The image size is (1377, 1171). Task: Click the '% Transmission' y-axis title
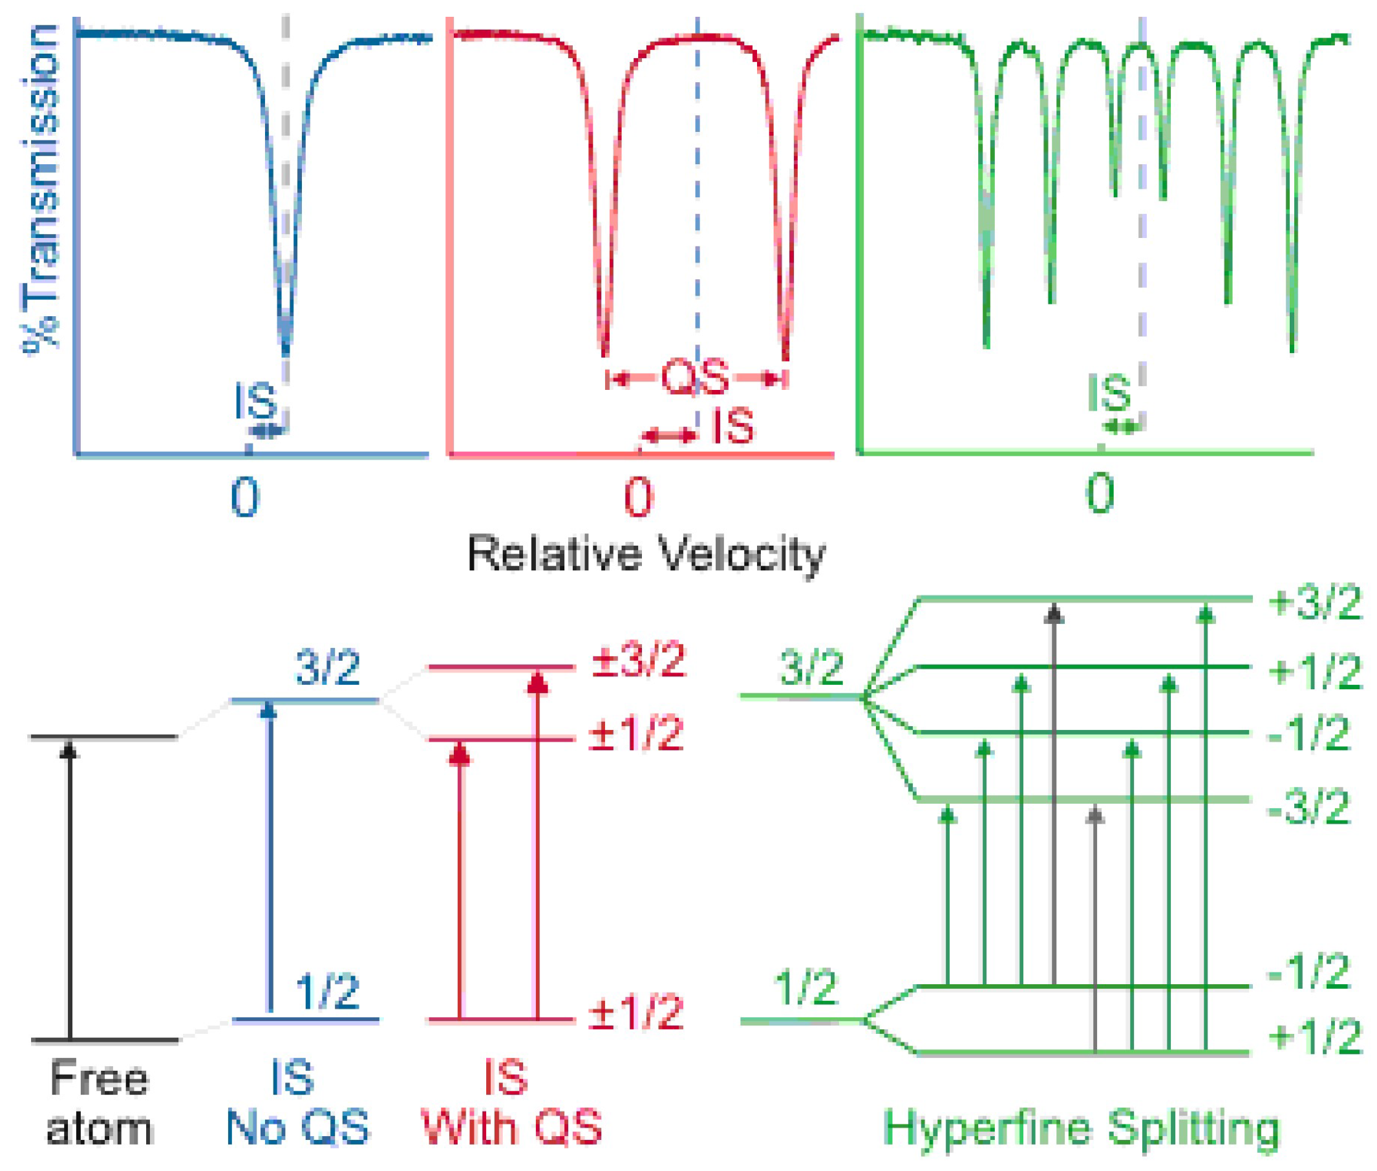(x=40, y=189)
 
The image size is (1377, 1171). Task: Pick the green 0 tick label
(x=1099, y=494)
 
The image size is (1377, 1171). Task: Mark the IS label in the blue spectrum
(x=255, y=401)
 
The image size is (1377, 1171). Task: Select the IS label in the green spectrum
(x=1109, y=393)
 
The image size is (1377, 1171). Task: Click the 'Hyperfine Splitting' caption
(x=1082, y=1128)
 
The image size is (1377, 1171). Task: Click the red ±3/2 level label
(x=637, y=661)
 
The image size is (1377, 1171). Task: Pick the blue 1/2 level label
(x=327, y=992)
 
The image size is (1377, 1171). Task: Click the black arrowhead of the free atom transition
(x=69, y=749)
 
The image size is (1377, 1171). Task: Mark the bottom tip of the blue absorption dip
(x=286, y=352)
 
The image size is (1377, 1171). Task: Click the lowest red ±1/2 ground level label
(x=635, y=1013)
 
